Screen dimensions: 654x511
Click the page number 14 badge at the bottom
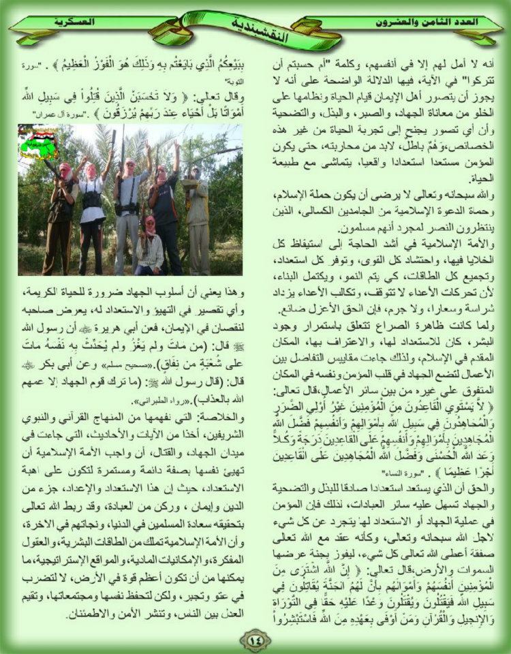coord(255,639)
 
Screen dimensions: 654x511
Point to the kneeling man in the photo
coord(149,245)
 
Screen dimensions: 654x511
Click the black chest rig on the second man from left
coord(92,199)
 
